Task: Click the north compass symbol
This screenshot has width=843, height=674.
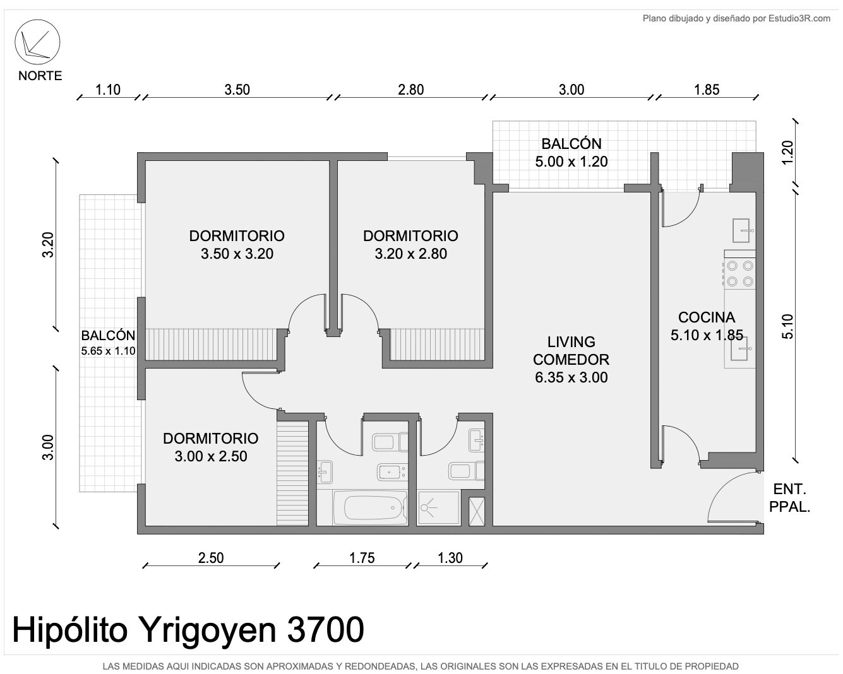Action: click(x=37, y=42)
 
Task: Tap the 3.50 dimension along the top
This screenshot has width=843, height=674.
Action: click(x=237, y=90)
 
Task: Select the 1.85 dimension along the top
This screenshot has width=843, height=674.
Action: click(x=707, y=90)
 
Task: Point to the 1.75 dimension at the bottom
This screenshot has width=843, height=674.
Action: click(x=362, y=558)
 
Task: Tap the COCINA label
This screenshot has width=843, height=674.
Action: click(x=707, y=317)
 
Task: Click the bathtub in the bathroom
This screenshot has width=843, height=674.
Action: click(x=370, y=507)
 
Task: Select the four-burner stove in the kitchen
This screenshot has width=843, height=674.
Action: click(x=739, y=273)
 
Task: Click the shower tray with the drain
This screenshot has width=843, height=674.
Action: click(x=438, y=508)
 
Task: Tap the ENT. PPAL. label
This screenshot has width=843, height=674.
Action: click(x=790, y=498)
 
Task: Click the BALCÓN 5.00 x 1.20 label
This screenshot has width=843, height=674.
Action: click(x=571, y=153)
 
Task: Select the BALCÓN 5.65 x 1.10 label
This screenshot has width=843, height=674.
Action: click(x=108, y=343)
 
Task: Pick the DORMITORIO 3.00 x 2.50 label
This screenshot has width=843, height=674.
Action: click(x=211, y=447)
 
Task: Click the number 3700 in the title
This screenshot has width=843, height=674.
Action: click(x=326, y=630)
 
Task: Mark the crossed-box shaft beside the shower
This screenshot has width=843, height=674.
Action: click(x=476, y=511)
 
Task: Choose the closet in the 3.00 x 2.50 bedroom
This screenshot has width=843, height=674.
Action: click(x=292, y=473)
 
